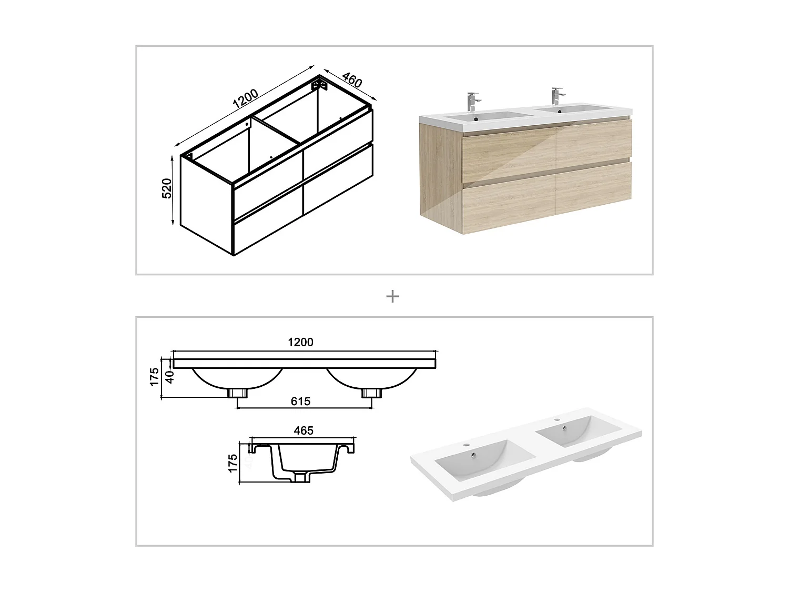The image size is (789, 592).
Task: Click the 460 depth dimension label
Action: point(352,81)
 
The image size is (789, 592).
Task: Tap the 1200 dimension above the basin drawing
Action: point(300,342)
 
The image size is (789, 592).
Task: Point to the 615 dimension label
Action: point(300,402)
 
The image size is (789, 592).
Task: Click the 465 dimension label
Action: point(304,430)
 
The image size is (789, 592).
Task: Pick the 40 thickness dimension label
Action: point(169,377)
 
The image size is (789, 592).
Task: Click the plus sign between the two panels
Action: point(392,297)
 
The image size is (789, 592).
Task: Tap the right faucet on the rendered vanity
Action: point(556,96)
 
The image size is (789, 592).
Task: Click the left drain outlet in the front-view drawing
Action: point(238,393)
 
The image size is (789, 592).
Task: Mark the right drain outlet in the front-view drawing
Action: point(372,393)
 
